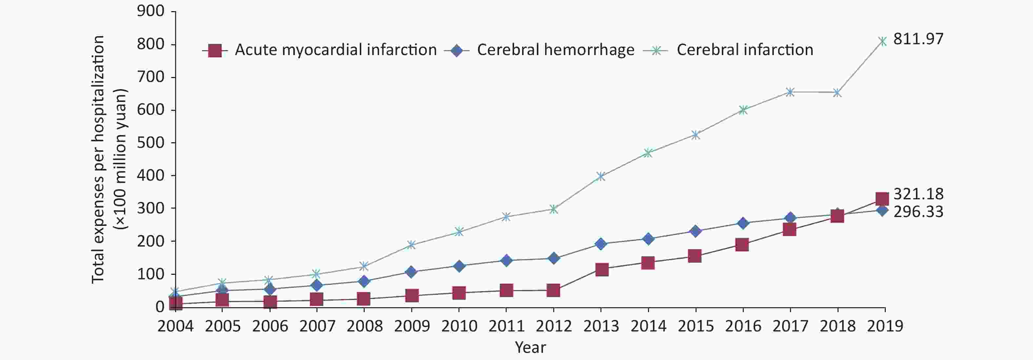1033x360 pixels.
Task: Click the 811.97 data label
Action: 918,39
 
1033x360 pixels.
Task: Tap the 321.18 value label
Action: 918,194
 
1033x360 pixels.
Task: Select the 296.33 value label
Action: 918,212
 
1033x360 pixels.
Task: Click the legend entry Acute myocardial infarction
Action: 336,50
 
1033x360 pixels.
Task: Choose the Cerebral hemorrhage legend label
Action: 556,50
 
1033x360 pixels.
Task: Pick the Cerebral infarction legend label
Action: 745,50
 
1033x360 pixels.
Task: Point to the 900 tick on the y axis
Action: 151,11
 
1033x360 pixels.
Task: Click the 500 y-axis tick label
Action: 151,143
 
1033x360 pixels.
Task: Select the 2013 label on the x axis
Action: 601,326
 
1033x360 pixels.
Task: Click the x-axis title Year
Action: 530,347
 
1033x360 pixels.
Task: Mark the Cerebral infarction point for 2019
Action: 882,41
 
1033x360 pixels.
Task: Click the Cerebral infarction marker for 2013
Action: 600,176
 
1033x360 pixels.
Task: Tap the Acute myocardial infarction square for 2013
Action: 601,270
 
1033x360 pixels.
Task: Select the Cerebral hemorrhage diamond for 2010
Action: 459,266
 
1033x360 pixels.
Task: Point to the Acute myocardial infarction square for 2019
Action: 882,199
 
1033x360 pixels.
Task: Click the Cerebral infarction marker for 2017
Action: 790,92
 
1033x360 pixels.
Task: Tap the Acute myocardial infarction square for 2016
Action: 742,245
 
